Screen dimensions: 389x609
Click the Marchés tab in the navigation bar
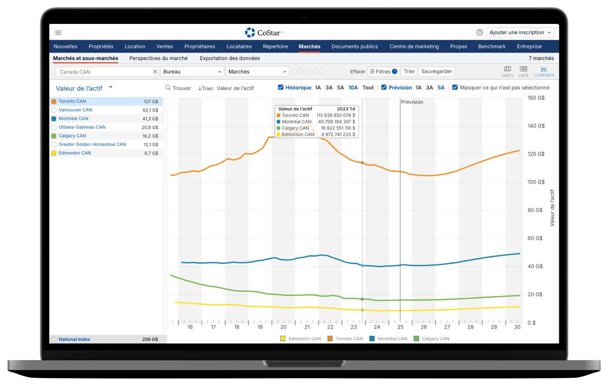(x=309, y=47)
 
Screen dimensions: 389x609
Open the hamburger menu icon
(x=58, y=33)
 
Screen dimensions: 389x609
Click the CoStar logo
(x=264, y=33)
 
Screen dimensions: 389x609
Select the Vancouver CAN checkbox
(x=54, y=110)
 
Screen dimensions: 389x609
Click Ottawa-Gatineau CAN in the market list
(x=82, y=127)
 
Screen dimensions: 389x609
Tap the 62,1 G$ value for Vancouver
(x=151, y=110)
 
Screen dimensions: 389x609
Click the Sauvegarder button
(x=437, y=71)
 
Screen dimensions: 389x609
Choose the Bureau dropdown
(x=192, y=72)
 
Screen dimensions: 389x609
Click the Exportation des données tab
(x=230, y=58)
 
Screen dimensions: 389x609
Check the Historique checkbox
(x=281, y=87)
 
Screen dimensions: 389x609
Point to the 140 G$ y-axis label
(x=536, y=126)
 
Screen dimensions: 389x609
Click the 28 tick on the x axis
(x=470, y=327)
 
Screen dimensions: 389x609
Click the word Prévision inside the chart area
(x=412, y=102)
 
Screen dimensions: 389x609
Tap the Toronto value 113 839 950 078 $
(x=335, y=115)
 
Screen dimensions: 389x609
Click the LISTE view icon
(x=523, y=71)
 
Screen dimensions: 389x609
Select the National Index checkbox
(x=54, y=339)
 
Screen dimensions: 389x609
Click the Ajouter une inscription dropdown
(x=520, y=33)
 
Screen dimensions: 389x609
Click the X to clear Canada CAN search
(x=155, y=72)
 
